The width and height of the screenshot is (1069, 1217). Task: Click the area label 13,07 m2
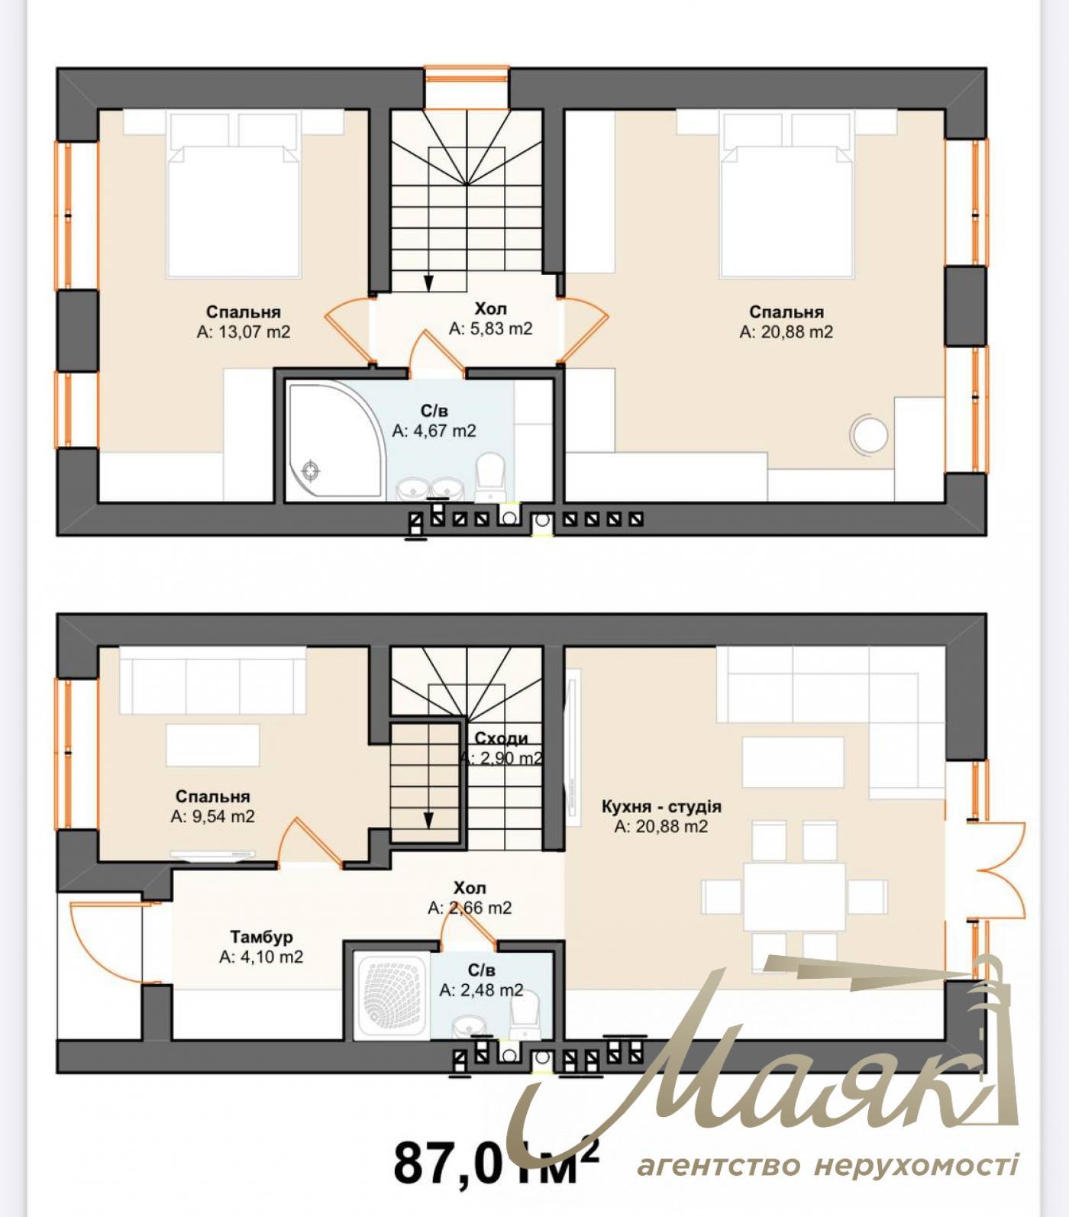point(244,332)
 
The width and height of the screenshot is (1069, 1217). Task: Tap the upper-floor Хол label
point(490,308)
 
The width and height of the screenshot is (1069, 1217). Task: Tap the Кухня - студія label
point(661,806)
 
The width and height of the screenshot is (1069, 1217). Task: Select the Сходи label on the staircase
point(501,738)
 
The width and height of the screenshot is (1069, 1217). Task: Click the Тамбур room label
point(261,937)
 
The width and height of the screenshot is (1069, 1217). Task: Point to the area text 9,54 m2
point(213,816)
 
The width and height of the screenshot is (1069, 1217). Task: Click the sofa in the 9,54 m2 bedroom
point(212,681)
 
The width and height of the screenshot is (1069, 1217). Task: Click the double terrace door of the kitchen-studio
point(996,870)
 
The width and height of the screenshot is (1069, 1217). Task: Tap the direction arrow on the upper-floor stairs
point(428,282)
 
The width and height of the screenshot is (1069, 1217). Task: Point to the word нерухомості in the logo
point(916,1167)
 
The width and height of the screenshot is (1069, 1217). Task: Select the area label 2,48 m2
point(482,990)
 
